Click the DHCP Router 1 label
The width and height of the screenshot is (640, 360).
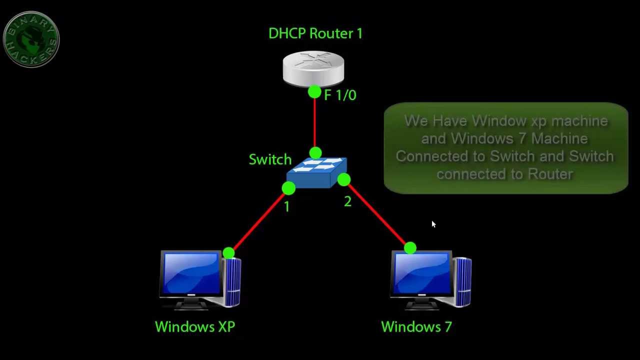click(x=315, y=33)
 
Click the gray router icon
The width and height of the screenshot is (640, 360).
click(x=313, y=68)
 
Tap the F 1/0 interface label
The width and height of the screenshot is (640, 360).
click(x=340, y=95)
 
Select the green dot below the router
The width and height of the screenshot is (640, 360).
click(x=314, y=92)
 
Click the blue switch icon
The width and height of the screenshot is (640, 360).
click(x=316, y=172)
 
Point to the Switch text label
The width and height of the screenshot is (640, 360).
click(x=270, y=159)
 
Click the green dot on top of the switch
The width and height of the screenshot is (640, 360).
click(x=315, y=153)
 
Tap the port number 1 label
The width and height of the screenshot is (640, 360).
click(x=286, y=206)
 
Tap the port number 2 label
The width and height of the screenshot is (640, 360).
click(x=347, y=201)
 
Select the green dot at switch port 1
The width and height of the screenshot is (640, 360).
click(x=288, y=188)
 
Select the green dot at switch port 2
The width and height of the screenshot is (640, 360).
click(x=344, y=180)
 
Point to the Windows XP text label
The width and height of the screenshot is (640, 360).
click(x=195, y=327)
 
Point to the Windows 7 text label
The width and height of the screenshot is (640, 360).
click(x=416, y=327)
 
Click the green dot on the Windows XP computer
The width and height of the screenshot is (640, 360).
click(x=228, y=253)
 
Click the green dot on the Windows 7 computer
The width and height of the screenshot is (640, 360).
click(x=410, y=248)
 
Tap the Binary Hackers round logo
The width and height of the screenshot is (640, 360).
click(x=31, y=39)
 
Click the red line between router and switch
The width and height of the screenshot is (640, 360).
click(x=314, y=122)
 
